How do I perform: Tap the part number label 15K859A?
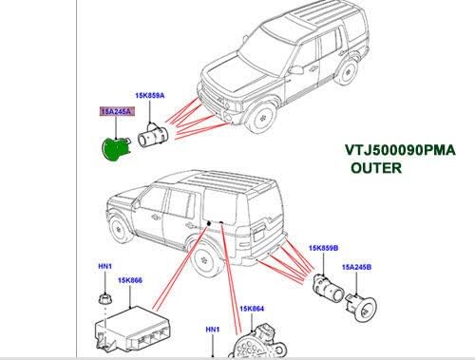150,97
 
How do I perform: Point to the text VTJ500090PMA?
400,149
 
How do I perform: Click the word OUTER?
376,168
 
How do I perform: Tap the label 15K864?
254,309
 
